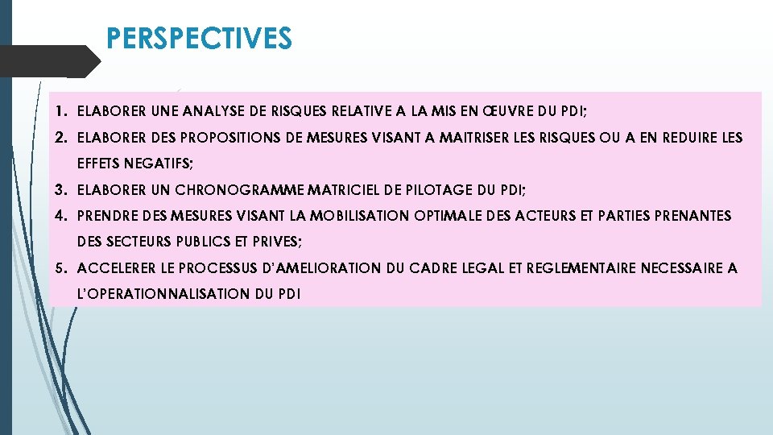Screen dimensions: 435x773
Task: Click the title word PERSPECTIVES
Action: click(199, 38)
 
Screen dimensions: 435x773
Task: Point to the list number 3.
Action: click(60, 190)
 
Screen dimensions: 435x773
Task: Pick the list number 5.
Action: click(60, 268)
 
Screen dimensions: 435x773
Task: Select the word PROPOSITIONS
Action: click(210, 138)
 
